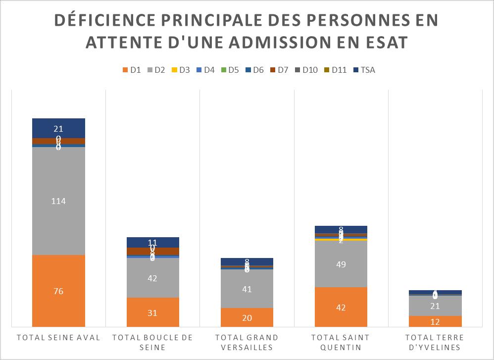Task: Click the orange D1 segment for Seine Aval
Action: (58, 291)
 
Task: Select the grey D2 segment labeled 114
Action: (58, 201)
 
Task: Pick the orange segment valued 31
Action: (152, 312)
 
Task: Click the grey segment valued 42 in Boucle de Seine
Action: (152, 278)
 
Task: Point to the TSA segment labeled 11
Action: (152, 242)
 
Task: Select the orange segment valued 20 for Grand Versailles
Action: (247, 317)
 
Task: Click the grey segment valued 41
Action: (247, 289)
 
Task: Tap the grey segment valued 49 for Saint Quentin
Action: (341, 264)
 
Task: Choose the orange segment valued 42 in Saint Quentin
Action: (341, 307)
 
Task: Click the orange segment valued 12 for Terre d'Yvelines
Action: (435, 321)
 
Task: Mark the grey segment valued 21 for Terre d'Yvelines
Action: (435, 306)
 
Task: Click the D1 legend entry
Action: (131, 70)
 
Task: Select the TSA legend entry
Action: (364, 70)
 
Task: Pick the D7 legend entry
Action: (279, 70)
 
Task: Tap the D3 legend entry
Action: (180, 70)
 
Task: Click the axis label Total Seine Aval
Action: (58, 338)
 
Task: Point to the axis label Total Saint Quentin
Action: (341, 342)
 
